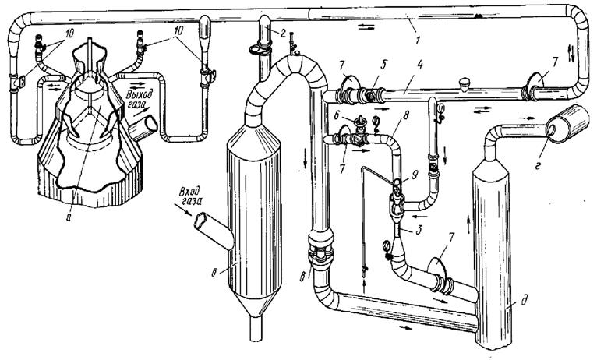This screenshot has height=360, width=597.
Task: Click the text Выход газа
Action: (143, 99)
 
